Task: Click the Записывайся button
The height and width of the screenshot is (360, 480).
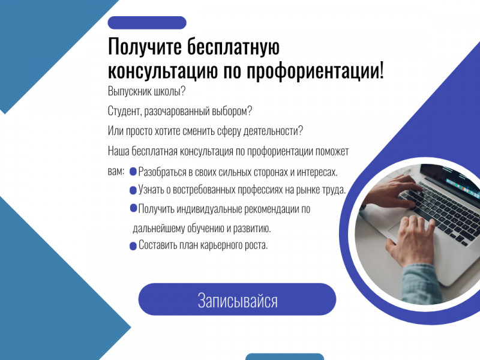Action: [x=237, y=299]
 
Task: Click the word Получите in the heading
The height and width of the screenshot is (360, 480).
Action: [x=143, y=47]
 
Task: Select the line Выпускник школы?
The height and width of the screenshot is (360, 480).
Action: [x=146, y=92]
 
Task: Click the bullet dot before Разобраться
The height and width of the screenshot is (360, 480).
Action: [x=133, y=172]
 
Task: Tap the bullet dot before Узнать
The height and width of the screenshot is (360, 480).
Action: [x=133, y=191]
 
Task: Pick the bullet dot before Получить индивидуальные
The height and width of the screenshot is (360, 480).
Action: [x=133, y=208]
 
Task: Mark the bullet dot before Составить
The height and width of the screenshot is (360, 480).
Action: [x=133, y=245]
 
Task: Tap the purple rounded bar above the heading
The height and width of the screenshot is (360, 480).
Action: [x=147, y=23]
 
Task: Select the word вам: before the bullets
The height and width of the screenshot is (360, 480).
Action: [x=116, y=171]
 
